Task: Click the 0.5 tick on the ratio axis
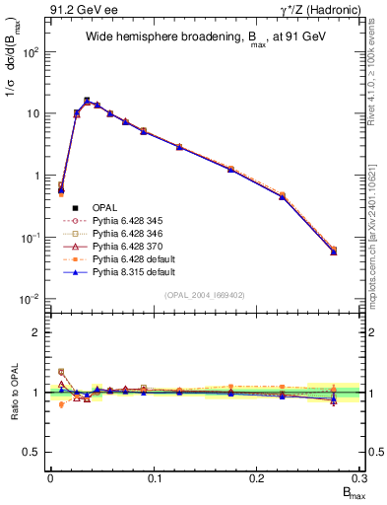(x=33, y=452)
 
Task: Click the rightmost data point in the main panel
(x=334, y=252)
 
